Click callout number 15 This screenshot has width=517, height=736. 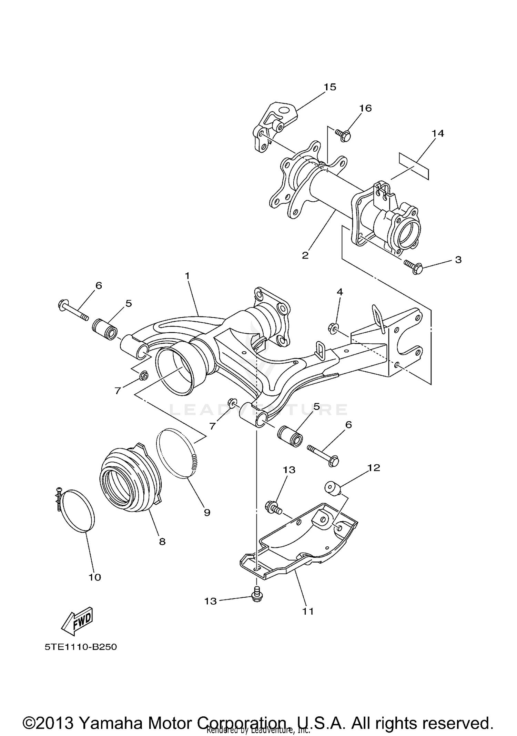(330, 87)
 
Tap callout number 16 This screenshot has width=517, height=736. (365, 108)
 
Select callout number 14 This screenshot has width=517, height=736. (438, 133)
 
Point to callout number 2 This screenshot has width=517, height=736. (305, 256)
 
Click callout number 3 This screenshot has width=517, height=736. (458, 259)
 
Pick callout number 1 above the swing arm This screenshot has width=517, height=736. (187, 276)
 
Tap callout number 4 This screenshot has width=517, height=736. (339, 292)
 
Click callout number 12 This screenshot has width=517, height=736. (374, 468)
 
